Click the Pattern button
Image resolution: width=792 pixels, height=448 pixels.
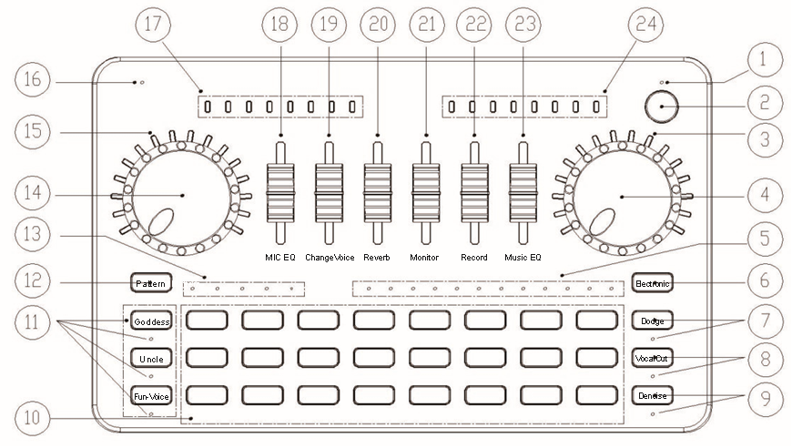pyautogui.click(x=150, y=284)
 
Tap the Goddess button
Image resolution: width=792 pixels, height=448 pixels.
pyautogui.click(x=150, y=322)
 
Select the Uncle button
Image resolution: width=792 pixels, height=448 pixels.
pyautogui.click(x=150, y=358)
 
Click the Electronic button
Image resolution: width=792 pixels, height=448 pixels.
pyautogui.click(x=651, y=284)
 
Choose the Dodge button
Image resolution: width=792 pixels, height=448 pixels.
pyautogui.click(x=651, y=321)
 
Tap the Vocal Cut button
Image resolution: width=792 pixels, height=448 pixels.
pyautogui.click(x=651, y=358)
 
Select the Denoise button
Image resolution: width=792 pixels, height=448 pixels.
pyautogui.click(x=651, y=395)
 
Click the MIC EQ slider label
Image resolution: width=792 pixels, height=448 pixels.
pyautogui.click(x=280, y=258)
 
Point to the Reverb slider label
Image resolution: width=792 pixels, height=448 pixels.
pyautogui.click(x=376, y=258)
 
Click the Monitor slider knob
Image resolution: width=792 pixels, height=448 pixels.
pyautogui.click(x=426, y=191)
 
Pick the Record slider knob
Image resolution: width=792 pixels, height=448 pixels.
pyautogui.click(x=474, y=191)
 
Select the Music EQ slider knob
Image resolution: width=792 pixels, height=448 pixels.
pyautogui.click(x=523, y=191)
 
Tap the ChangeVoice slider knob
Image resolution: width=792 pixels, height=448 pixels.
pyautogui.click(x=329, y=191)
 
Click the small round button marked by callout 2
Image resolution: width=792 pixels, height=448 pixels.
pyautogui.click(x=664, y=107)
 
